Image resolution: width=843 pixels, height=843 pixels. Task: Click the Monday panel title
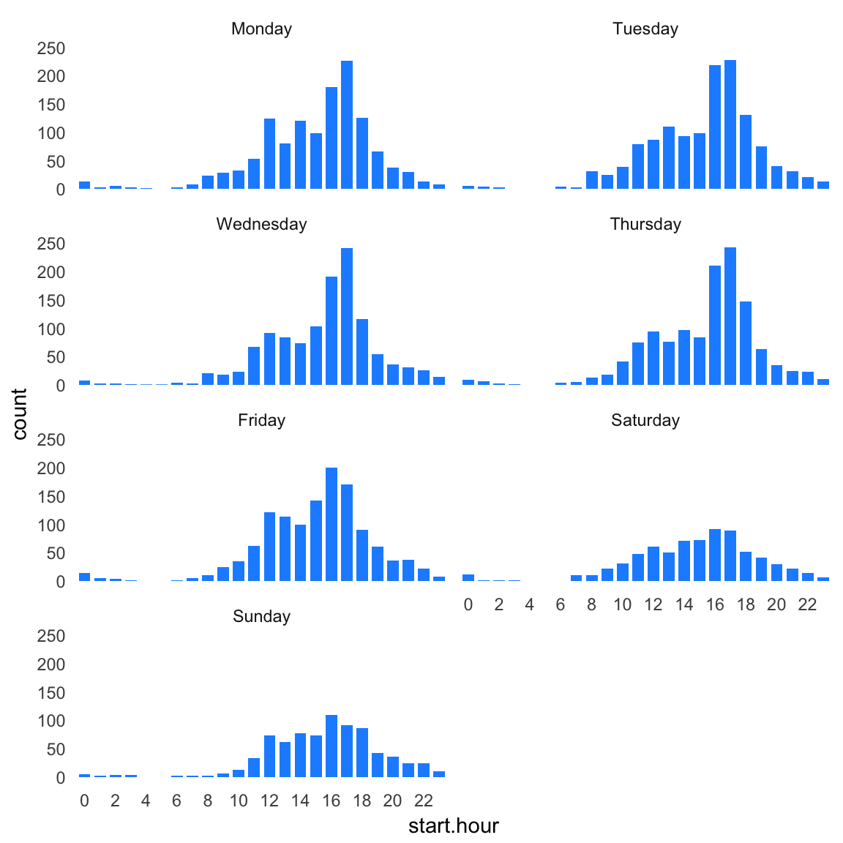(x=261, y=29)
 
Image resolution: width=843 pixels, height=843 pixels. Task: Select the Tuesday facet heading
(x=645, y=29)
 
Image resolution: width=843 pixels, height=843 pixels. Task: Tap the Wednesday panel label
(x=261, y=225)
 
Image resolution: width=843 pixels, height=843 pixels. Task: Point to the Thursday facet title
(x=645, y=225)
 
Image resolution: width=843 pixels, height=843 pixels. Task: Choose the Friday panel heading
(x=261, y=421)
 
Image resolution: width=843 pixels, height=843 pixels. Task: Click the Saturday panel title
(x=645, y=421)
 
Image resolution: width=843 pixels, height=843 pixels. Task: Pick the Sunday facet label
(x=261, y=617)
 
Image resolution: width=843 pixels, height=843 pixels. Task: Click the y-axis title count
(x=20, y=414)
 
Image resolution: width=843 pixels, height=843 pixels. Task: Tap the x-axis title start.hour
(x=453, y=826)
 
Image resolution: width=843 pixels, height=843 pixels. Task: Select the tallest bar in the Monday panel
(x=347, y=124)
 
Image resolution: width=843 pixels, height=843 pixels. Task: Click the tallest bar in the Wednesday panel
(x=347, y=316)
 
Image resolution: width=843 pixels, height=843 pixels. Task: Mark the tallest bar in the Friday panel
(x=331, y=524)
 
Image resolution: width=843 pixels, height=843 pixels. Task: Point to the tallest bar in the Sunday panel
(x=331, y=746)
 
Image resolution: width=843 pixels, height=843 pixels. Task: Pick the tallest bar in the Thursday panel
(x=730, y=316)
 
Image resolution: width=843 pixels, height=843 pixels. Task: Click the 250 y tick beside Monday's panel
(x=51, y=48)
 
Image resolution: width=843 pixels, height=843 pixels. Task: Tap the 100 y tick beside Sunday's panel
(x=51, y=722)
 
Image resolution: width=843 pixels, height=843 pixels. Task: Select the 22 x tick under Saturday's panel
(x=807, y=605)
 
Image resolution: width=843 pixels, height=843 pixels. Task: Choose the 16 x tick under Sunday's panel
(x=331, y=801)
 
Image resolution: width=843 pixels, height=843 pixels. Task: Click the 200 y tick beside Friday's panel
(x=51, y=468)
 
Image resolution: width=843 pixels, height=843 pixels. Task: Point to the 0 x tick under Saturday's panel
(x=468, y=605)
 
